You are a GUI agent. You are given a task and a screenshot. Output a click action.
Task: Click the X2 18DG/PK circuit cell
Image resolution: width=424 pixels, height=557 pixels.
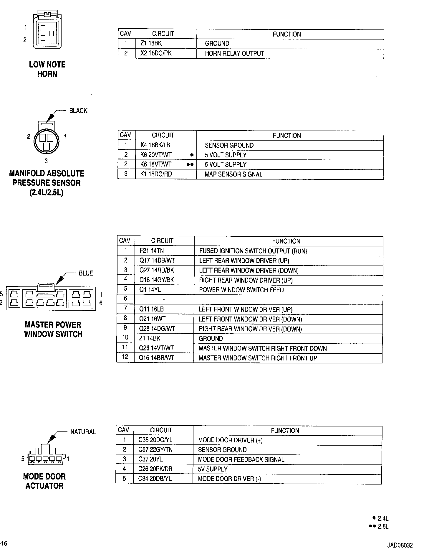[156, 53]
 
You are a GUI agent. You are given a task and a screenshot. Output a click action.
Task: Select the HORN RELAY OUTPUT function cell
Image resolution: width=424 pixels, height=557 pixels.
[234, 53]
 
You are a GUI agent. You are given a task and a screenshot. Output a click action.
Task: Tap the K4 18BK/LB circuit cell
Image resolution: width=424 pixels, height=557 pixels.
[155, 145]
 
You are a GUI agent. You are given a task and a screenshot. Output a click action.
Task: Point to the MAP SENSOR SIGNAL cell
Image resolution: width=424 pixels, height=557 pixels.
[233, 174]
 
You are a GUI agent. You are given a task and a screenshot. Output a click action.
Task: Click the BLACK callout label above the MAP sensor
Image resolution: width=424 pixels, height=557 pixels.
[78, 111]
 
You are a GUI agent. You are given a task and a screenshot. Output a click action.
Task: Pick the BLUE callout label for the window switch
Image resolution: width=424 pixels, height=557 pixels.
[86, 273]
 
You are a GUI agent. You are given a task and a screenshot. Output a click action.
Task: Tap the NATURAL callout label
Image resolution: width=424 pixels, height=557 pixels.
[83, 432]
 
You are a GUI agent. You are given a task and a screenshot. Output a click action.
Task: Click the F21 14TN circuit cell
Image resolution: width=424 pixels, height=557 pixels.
[152, 251]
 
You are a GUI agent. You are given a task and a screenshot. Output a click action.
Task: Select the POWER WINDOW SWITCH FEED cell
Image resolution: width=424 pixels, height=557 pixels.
[241, 290]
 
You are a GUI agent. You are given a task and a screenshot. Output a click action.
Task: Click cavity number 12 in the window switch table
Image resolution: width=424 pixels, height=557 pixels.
[125, 357]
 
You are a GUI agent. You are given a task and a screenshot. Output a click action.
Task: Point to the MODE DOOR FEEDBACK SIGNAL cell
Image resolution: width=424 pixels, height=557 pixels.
[241, 459]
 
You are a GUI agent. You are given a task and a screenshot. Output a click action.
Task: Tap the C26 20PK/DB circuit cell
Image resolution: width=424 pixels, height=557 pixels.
[155, 469]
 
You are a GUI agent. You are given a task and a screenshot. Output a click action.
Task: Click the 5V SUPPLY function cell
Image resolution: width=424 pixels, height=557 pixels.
[213, 469]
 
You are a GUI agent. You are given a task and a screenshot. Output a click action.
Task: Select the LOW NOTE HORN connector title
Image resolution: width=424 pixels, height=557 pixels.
[47, 69]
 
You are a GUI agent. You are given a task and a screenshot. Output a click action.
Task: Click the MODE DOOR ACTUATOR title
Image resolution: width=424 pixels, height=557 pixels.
[44, 481]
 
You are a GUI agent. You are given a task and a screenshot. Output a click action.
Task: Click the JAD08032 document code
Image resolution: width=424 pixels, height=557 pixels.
[400, 546]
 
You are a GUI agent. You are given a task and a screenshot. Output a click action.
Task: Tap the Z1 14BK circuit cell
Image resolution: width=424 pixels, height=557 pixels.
[150, 338]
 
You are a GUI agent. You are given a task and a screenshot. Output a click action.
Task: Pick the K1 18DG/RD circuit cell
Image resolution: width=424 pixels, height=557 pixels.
[156, 174]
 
